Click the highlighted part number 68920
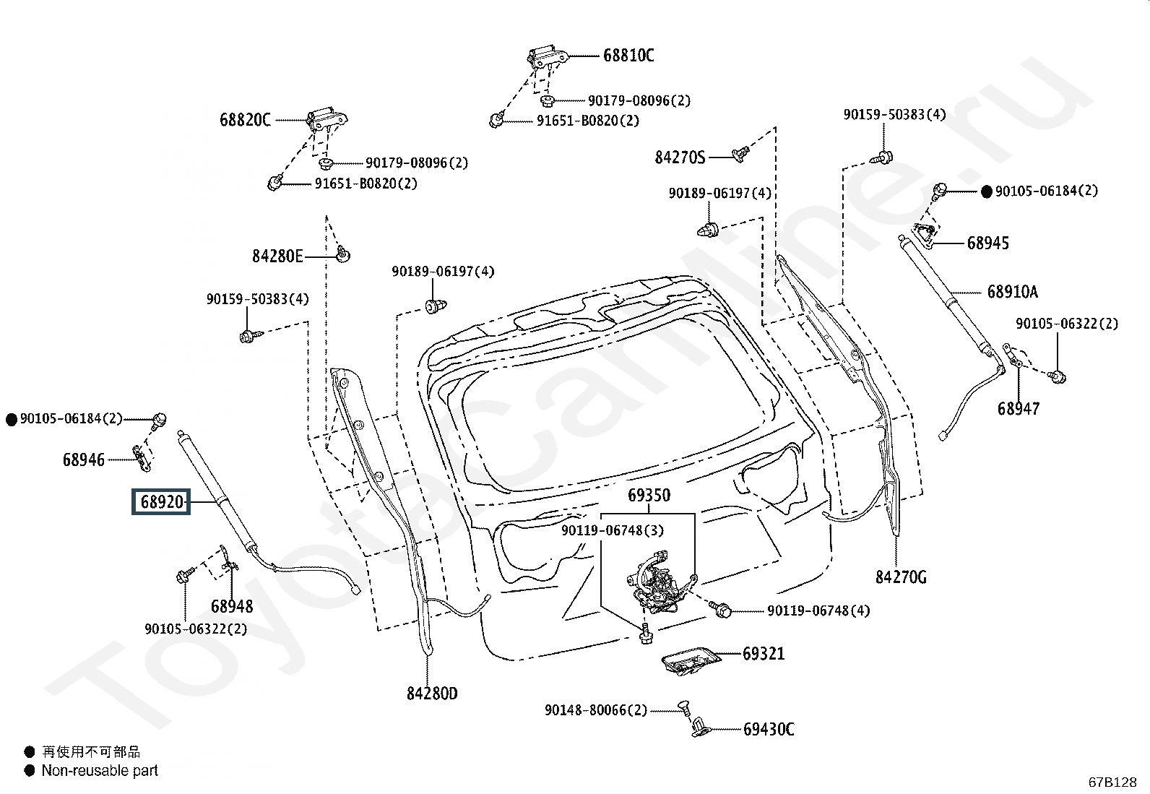pos(160,501)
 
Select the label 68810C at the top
pos(628,55)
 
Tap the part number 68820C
pos(245,120)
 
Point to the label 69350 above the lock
pos(648,495)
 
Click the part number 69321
pos(764,654)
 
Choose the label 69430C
pos(769,730)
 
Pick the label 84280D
pos(432,694)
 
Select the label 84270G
pos(901,577)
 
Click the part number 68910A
pos(1012,292)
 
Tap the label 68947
pos(1019,409)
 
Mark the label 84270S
pos(680,157)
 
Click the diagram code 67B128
pos(1113,782)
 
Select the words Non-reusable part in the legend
pos(100,770)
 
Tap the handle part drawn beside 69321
pos(691,658)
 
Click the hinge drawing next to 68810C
pos(548,56)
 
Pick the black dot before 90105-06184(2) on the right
pos(987,191)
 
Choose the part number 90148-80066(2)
pos(596,710)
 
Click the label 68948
pos(232,606)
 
